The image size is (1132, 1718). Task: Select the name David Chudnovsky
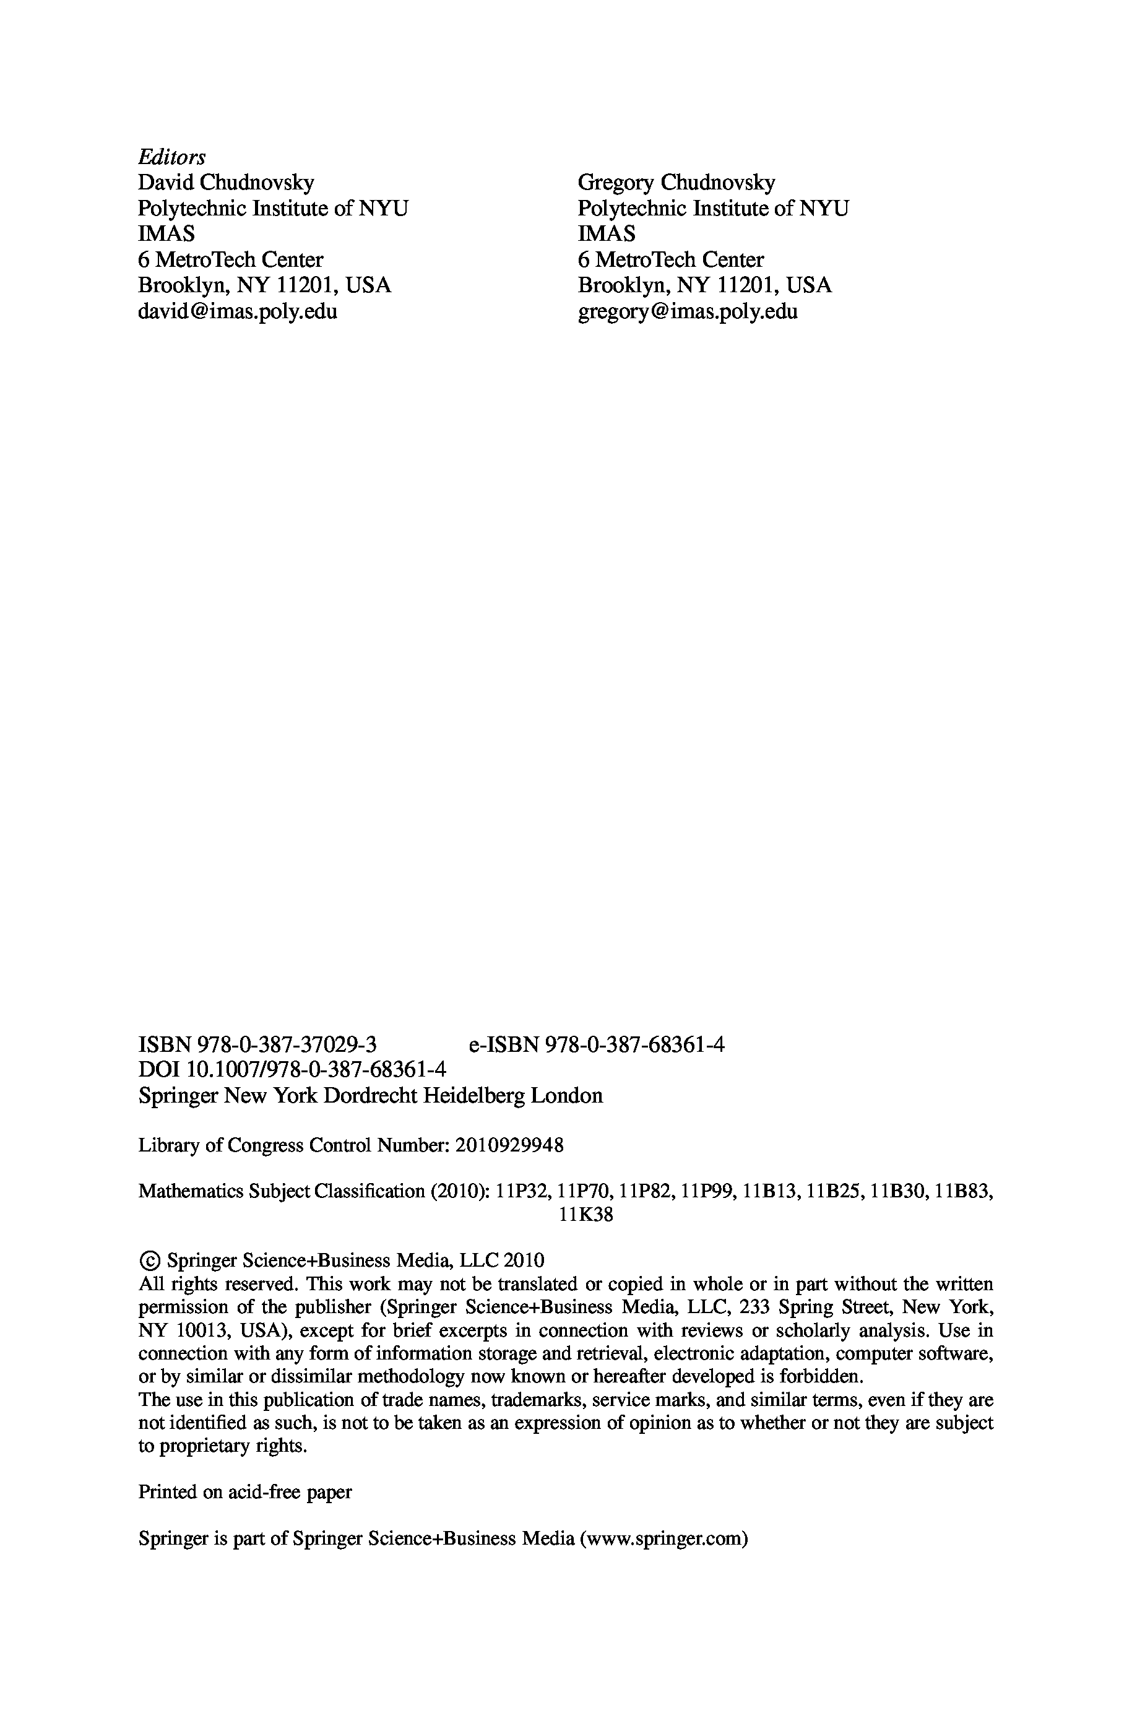[x=226, y=182]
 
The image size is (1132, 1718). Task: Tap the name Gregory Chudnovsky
[x=676, y=182]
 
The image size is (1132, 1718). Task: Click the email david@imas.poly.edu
[x=238, y=311]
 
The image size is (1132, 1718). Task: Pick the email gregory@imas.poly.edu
[x=687, y=311]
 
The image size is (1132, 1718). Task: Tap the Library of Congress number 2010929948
[x=510, y=1145]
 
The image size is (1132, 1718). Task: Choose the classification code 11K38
[x=585, y=1215]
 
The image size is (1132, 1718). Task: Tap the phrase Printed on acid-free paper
[x=244, y=1492]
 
